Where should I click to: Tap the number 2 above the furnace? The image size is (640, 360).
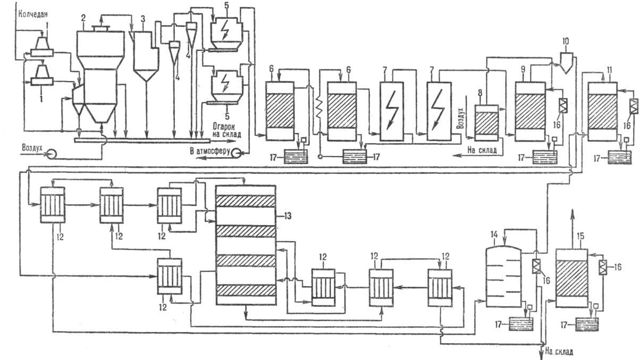coord(82,18)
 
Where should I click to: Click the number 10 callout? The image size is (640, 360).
coord(566,41)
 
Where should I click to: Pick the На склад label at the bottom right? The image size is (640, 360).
coord(560,351)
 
